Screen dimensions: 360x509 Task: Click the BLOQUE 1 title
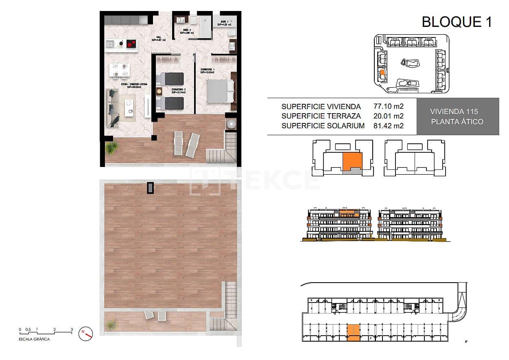457,22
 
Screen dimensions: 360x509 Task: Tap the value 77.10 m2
388,107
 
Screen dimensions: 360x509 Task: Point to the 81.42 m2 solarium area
388,126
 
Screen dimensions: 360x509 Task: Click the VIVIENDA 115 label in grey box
454,112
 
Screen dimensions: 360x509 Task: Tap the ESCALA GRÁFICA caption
35,339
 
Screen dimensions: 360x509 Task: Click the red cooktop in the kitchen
131,44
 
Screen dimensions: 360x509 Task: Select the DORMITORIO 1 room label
208,70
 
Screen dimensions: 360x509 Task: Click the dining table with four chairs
119,70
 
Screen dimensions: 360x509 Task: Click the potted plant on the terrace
111,147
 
